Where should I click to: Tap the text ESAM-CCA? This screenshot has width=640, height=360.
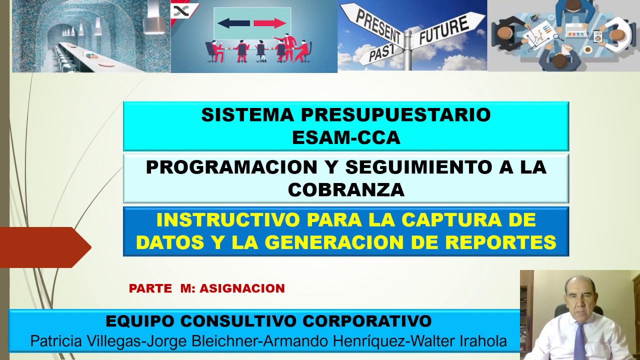click(346, 137)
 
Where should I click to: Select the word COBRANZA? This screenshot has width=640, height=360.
click(346, 189)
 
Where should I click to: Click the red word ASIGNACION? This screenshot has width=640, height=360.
click(242, 288)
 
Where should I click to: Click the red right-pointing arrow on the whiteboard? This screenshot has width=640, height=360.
click(269, 23)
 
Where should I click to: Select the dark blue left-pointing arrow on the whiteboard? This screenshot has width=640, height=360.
click(233, 23)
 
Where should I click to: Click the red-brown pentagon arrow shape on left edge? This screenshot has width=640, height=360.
click(44, 247)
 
